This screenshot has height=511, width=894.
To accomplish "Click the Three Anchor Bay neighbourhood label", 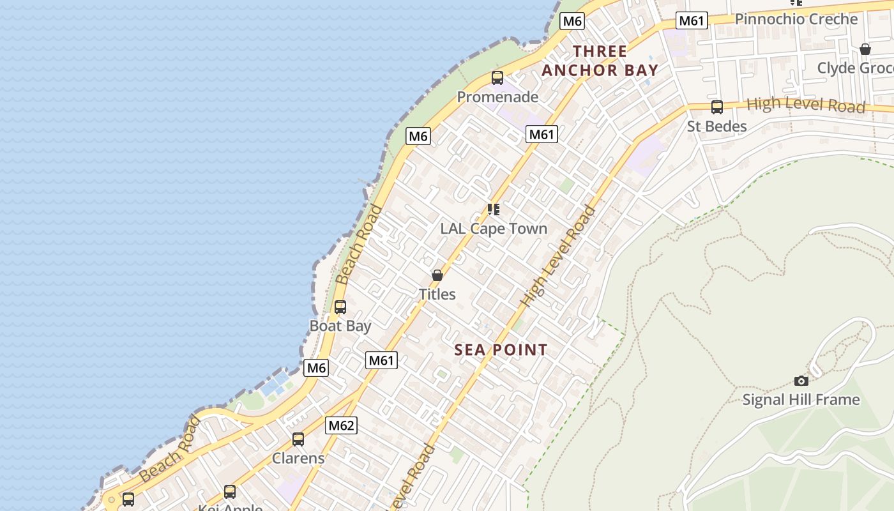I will click(600, 61).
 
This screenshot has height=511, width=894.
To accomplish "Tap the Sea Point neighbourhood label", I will click(501, 349).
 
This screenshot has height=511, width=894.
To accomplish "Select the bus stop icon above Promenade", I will click(497, 78).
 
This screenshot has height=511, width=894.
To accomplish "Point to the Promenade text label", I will click(497, 97).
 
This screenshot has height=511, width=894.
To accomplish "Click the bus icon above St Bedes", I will click(717, 107).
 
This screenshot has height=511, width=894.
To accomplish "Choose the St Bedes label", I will click(716, 126).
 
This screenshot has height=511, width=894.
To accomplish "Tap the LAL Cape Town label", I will click(494, 229).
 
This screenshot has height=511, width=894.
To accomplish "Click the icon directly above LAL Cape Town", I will click(493, 210).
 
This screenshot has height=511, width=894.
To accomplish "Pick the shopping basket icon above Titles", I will click(437, 275).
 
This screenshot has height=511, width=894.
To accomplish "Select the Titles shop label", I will click(437, 294).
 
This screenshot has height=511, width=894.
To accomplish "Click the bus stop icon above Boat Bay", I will click(340, 307).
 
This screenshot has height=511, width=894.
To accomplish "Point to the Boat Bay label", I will click(340, 326).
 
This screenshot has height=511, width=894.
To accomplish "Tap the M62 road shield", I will click(341, 425).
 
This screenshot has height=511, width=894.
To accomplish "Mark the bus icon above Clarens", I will click(298, 439).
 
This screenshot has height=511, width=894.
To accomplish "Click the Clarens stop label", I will click(298, 458).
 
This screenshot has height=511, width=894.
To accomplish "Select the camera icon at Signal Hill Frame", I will click(801, 381).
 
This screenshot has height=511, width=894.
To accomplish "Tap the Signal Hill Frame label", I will click(801, 400).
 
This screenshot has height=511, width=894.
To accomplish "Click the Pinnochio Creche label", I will click(796, 19).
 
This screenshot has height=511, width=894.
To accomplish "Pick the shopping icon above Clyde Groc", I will click(865, 49).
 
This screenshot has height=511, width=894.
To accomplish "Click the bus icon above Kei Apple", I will click(230, 492).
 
